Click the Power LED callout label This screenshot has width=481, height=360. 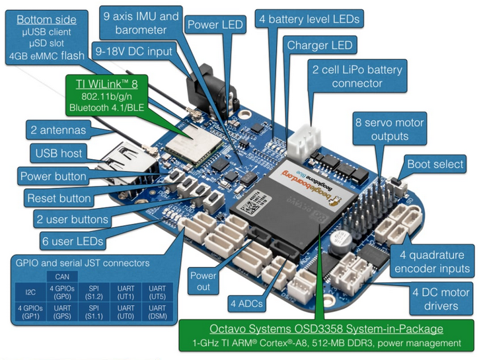pos(215,24)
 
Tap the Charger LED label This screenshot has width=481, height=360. pos(320,46)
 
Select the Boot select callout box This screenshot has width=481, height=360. pos(435,164)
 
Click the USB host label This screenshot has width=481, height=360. pos(59,153)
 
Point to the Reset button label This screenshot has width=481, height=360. pos(59,198)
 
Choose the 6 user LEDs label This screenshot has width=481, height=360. pos(73,241)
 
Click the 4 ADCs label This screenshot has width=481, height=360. pos(246,304)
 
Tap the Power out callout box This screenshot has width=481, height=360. pos(203,281)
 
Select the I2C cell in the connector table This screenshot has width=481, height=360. pos(30,292)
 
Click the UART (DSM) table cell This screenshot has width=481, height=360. pos(157,312)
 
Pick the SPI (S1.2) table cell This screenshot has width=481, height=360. pos(94,292)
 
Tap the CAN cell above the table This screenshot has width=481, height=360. pos(62,277)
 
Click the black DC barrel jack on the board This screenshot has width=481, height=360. pos(211,90)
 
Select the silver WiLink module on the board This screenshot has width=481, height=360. pos(194,145)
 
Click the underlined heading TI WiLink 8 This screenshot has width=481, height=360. pos(107,84)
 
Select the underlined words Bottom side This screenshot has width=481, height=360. pos(46,20)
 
